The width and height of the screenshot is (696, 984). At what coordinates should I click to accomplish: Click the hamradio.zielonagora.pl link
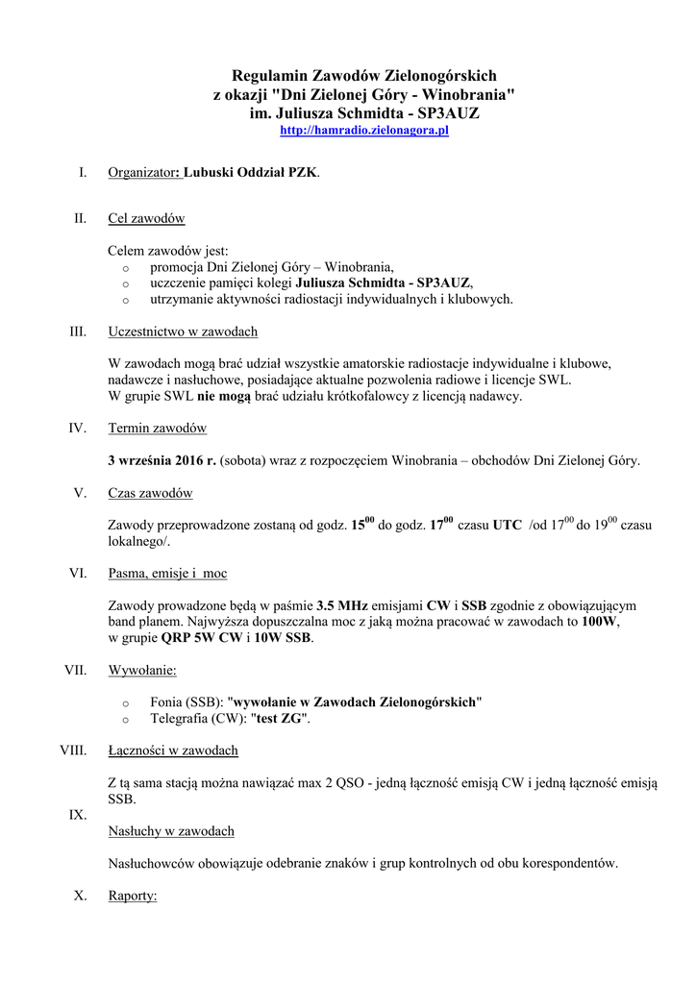(x=364, y=130)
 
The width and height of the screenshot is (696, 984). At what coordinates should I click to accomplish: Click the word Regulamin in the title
(x=268, y=75)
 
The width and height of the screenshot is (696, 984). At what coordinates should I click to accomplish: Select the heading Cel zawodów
(x=146, y=219)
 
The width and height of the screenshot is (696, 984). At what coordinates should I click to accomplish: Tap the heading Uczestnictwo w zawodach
(x=183, y=332)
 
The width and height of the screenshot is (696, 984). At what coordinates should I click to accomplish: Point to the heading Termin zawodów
(x=158, y=428)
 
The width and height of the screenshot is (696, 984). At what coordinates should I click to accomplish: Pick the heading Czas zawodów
(x=150, y=493)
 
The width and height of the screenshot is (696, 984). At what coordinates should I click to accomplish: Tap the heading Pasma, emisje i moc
(x=167, y=574)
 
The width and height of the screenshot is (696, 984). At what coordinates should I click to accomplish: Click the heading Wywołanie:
(x=142, y=670)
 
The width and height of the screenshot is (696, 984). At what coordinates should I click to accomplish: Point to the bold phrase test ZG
(x=279, y=719)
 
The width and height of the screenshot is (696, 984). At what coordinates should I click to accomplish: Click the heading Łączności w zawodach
(x=173, y=750)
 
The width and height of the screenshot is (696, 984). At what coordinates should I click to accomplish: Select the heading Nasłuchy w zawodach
(x=171, y=830)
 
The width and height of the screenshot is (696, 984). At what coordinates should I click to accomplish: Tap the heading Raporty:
(x=133, y=896)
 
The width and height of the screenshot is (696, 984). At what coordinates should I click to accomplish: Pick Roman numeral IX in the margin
(x=78, y=815)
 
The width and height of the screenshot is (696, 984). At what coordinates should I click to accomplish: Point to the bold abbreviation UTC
(x=508, y=526)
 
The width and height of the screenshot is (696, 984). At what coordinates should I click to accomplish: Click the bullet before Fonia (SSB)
(x=125, y=703)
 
